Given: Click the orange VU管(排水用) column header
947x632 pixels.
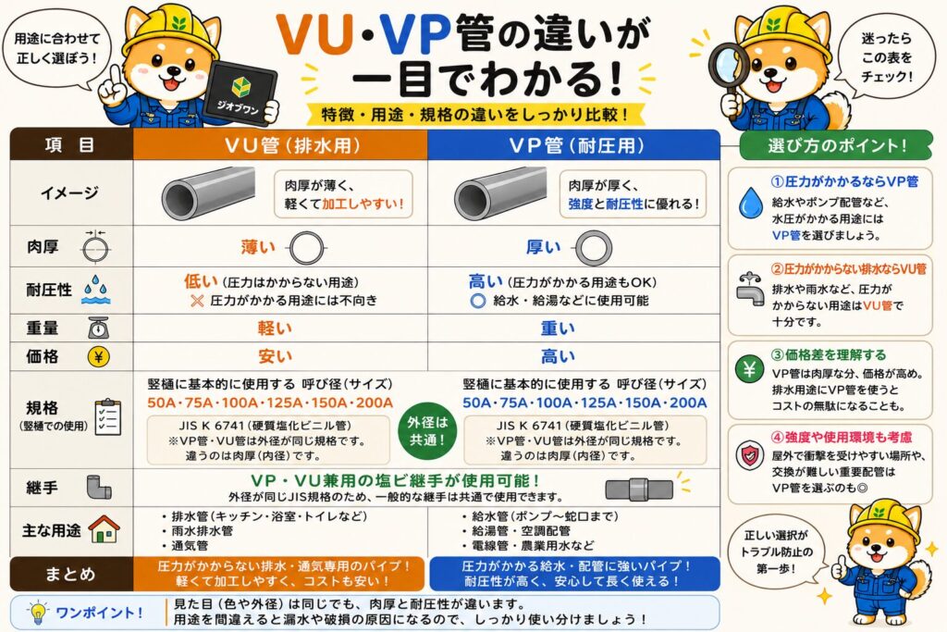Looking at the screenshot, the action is [280, 145].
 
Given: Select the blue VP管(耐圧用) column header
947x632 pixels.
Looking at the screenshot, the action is [573, 145].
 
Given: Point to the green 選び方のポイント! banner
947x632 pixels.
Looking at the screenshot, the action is [835, 145].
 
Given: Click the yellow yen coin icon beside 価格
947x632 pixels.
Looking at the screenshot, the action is [98, 356].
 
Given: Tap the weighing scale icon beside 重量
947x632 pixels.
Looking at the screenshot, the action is [98, 328].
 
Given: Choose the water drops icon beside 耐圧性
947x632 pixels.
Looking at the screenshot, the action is [96, 290].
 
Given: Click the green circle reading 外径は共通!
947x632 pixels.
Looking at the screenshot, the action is [427, 431].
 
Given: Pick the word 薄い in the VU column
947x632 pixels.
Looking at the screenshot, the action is [258, 247].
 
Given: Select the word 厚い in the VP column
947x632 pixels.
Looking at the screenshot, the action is [543, 247].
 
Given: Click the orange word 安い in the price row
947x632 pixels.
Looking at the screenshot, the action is [275, 356].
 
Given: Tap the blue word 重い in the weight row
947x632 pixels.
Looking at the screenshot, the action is [558, 328].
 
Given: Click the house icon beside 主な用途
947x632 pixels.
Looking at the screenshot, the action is [104, 530].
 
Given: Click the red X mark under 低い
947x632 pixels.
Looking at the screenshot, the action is [197, 301].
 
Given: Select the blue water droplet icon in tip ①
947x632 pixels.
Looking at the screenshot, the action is [751, 203].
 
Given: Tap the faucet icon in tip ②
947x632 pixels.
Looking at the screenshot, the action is [750, 289].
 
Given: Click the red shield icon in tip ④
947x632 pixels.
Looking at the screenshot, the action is [749, 455].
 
